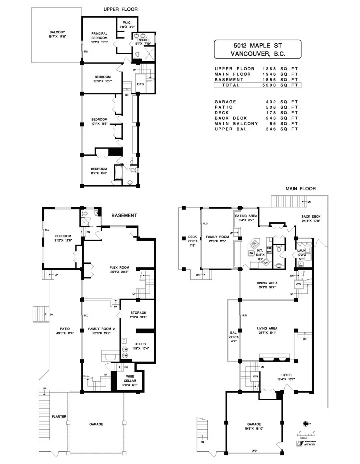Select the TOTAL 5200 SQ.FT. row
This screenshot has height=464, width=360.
point(258,85)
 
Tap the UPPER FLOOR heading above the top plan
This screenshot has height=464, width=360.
point(120,9)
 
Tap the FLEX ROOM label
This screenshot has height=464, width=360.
point(119,268)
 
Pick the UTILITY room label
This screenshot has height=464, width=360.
point(139,345)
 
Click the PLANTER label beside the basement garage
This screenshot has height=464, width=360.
point(59,415)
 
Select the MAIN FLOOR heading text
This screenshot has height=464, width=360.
point(300,189)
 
